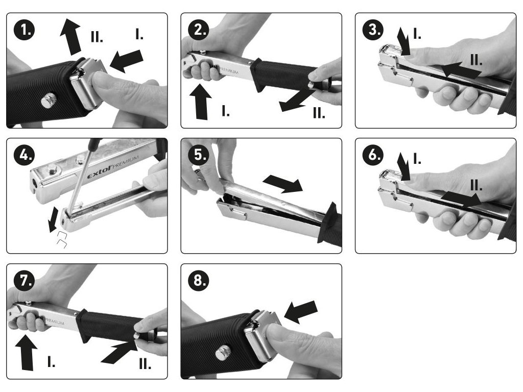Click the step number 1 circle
[x=25, y=30]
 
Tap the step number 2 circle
[x=199, y=30]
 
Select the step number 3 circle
[x=373, y=30]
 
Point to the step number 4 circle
[x=25, y=155]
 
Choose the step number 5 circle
[x=199, y=155]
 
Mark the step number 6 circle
[x=373, y=155]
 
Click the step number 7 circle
[x=25, y=281]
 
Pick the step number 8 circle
[x=199, y=281]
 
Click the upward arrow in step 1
[x=70, y=37]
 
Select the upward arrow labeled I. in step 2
[x=200, y=102]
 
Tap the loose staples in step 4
[x=62, y=240]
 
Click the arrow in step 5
[x=283, y=184]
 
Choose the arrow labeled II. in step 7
[x=119, y=352]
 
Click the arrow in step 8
[x=300, y=312]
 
